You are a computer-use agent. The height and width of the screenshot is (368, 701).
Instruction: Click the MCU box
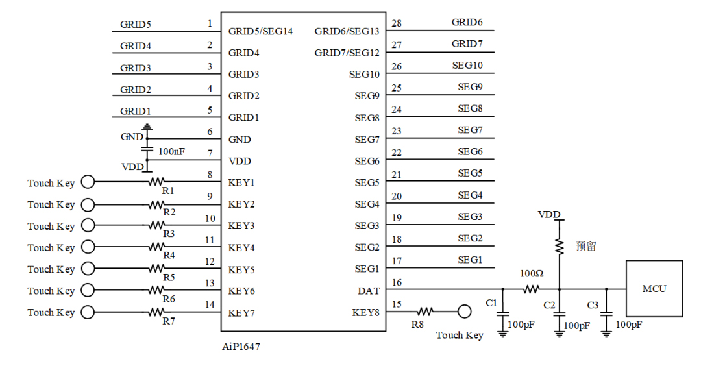tap(654, 288)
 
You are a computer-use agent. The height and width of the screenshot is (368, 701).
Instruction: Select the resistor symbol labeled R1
tap(158, 182)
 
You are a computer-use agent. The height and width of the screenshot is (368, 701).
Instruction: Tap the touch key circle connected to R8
tap(463, 312)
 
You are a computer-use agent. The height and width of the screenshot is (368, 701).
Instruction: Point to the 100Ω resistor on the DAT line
tap(532, 289)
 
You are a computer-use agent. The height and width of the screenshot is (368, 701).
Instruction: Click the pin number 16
tap(397, 282)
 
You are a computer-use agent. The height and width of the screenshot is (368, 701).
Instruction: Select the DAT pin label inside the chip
tap(369, 291)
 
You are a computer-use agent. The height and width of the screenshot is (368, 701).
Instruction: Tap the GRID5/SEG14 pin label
tap(260, 31)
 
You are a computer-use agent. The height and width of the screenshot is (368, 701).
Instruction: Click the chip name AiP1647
tap(241, 347)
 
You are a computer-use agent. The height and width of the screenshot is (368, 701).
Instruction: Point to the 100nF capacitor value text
tap(171, 151)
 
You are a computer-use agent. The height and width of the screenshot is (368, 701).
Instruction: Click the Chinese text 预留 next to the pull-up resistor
tap(585, 247)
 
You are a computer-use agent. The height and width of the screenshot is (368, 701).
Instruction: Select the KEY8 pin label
tap(366, 313)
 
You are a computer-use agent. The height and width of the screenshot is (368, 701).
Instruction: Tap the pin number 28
tap(397, 23)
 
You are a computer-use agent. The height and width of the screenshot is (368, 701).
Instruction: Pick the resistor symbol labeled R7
tap(158, 312)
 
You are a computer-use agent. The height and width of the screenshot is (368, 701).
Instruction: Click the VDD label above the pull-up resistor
tap(548, 214)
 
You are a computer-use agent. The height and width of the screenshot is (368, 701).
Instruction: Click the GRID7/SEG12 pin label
tap(347, 53)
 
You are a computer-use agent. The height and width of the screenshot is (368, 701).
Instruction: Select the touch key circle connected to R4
tap(86, 247)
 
